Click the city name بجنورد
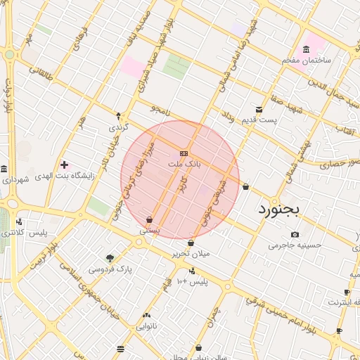(278, 209)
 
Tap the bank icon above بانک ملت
(184, 153)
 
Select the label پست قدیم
(259, 120)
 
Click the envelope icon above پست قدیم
(259, 110)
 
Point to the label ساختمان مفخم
(307, 60)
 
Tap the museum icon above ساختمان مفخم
(306, 49)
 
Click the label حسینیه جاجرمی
(295, 246)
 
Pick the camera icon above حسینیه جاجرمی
(295, 235)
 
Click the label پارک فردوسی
(110, 269)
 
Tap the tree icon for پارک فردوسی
(110, 258)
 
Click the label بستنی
(150, 230)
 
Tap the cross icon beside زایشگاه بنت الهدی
(64, 165)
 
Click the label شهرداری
(14, 180)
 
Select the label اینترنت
(345, 302)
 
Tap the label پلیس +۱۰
(192, 281)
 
